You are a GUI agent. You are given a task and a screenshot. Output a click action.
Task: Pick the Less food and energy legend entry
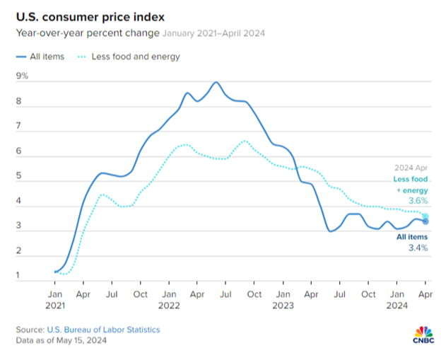coord(135,57)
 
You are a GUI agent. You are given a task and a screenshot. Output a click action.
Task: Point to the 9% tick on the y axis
coord(22,76)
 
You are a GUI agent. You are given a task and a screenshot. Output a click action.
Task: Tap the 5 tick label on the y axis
coord(19,176)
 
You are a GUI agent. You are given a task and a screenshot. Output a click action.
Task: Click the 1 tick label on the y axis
coord(18,276)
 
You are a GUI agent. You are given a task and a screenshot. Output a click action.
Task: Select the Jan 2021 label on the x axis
coord(55,299)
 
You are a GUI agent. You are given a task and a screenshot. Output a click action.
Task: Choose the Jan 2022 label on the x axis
coord(168,299)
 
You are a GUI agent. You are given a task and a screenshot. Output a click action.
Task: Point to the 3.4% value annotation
coord(417,248)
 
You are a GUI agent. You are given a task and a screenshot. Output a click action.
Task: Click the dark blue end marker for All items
coord(425,221)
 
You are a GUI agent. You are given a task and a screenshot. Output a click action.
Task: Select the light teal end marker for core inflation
coord(425,216)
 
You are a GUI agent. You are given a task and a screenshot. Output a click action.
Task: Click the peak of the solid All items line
coord(216,82)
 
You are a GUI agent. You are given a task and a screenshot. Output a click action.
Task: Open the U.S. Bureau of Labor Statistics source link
coord(104,330)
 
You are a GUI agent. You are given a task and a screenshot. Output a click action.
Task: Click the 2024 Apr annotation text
coord(411,168)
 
